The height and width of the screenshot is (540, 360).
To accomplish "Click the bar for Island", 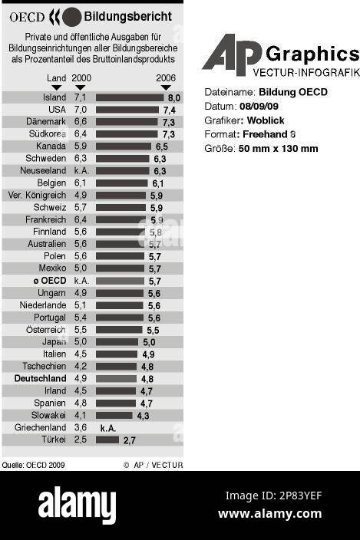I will coord(129,97).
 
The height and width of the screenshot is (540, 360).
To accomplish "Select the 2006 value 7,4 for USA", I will coord(169,110).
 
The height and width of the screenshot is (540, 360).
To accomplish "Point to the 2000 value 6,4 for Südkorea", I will coord(81,134).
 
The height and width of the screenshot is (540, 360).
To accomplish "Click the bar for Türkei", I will coord(107,440).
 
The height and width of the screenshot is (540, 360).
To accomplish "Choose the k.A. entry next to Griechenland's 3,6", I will coord(108,428).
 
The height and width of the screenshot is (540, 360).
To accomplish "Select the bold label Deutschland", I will coord(40,379).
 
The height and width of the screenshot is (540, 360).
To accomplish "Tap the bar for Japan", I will coord(117,342).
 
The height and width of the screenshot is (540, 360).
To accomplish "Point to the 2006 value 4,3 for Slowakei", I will coord(143,416).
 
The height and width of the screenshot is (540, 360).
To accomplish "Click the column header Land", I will coord(56,78).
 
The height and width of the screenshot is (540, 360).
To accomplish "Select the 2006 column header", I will coord(166,78).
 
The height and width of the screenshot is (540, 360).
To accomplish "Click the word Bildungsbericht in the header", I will coord(123,15).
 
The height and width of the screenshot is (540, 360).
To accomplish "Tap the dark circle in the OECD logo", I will coord(71,16).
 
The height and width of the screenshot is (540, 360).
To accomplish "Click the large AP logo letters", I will coord(232,55).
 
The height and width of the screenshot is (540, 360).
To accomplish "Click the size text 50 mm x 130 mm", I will coord(278,148).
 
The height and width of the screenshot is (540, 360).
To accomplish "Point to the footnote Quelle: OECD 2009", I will coord(33,465).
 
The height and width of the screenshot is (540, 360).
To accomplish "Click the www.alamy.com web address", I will coord(269,514).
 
